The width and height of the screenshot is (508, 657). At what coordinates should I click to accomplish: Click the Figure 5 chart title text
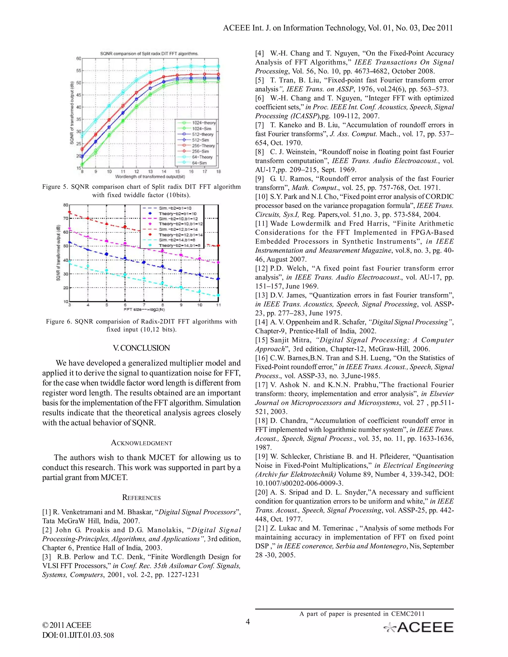tap(149, 54)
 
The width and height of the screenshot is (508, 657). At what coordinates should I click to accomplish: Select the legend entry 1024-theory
tap(204, 123)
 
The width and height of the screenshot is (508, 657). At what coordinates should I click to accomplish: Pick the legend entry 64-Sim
tap(199, 163)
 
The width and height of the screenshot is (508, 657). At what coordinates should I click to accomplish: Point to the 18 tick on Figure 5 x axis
tap(218, 172)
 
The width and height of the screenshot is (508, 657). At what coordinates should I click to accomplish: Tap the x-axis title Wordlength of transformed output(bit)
tap(150, 177)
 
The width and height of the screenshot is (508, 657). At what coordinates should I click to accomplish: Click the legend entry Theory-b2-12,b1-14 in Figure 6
tap(181, 235)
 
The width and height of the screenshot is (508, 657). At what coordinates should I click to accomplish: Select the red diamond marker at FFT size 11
tap(219, 246)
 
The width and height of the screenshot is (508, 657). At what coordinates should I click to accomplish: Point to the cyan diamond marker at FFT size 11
tap(219, 295)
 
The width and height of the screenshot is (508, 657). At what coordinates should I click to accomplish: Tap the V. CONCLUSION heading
tap(141, 348)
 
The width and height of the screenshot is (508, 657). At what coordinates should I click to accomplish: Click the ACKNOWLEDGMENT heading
tap(141, 443)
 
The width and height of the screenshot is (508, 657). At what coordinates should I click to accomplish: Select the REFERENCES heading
tap(141, 497)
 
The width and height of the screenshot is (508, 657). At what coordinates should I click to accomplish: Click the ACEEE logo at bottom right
tap(418, 627)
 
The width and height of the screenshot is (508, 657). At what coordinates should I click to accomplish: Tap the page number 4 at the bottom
tap(248, 622)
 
